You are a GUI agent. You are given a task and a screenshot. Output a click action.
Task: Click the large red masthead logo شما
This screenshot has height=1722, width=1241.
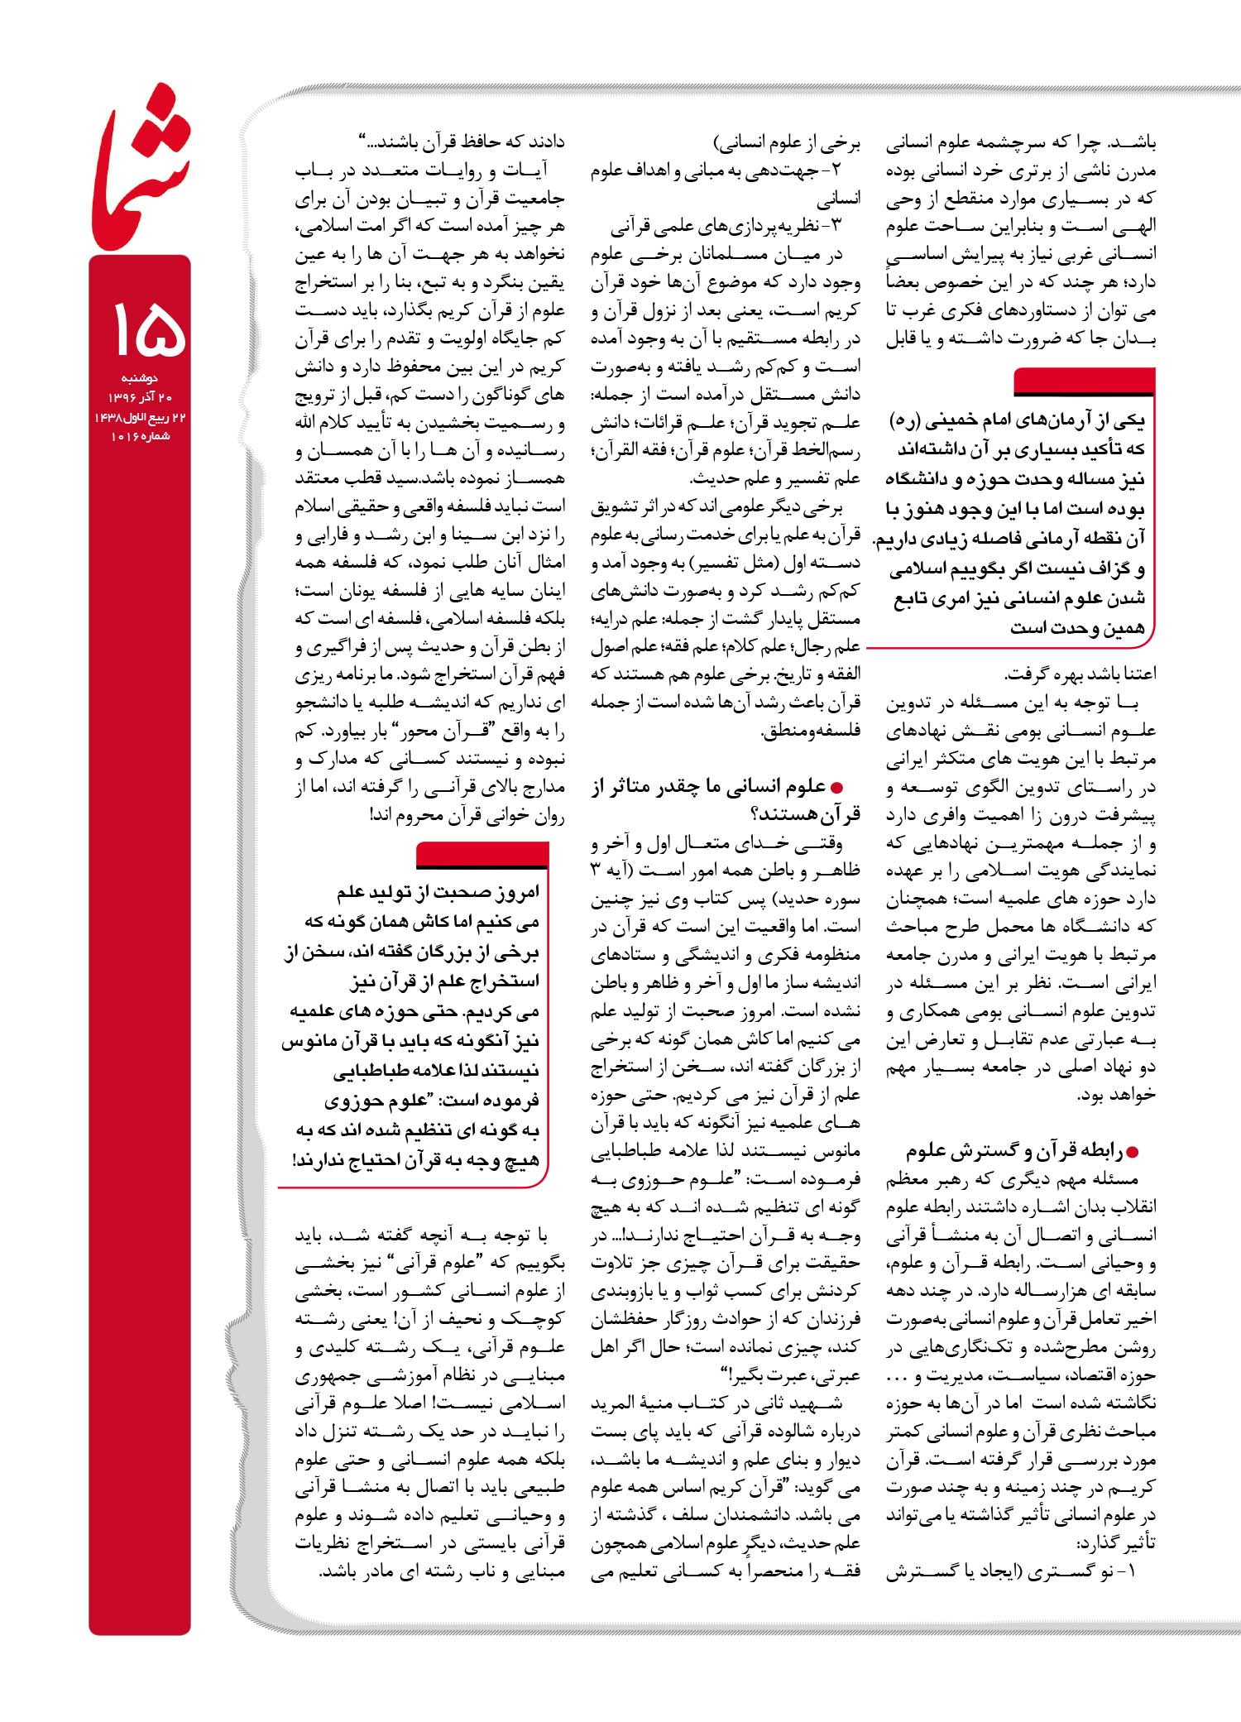point(141,178)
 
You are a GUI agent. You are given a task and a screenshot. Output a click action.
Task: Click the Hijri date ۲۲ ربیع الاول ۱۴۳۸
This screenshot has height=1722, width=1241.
point(141,417)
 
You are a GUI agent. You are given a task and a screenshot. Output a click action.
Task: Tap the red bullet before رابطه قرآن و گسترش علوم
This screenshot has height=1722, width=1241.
point(1133,1152)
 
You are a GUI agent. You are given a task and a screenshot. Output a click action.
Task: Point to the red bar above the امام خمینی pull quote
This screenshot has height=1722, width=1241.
point(1084,382)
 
